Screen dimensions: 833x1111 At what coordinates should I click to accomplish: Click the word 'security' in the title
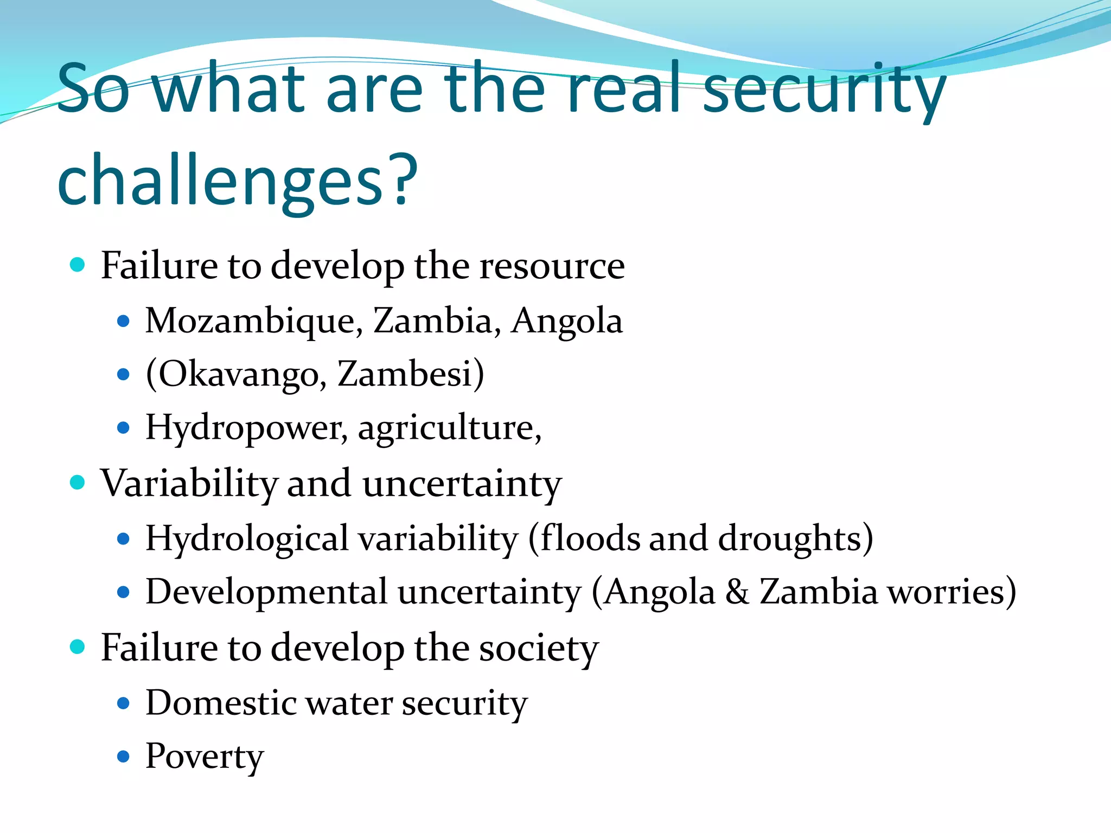coord(825,89)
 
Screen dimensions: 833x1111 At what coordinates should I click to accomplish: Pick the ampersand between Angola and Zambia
coord(737,592)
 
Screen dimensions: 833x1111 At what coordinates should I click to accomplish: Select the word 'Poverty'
coord(205,757)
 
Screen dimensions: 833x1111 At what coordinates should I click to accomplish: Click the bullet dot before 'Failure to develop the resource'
coord(78,265)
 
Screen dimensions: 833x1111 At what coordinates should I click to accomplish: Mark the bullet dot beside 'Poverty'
coord(124,757)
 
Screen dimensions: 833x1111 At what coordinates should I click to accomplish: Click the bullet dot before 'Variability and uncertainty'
coord(78,482)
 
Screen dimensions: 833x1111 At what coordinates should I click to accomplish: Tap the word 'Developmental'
coord(266,592)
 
